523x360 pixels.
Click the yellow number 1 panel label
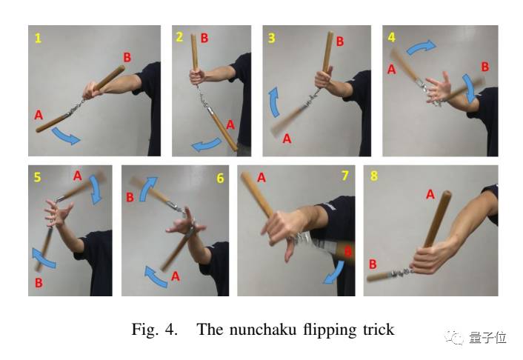pyautogui.click(x=38, y=39)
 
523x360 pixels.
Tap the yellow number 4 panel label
pyautogui.click(x=391, y=37)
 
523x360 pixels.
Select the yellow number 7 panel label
pyautogui.click(x=345, y=176)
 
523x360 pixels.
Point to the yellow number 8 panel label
pyautogui.click(x=374, y=176)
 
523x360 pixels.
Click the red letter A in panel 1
pyautogui.click(x=39, y=115)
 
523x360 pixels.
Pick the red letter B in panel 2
pyautogui.click(x=204, y=38)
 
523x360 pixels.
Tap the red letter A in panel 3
pyautogui.click(x=287, y=138)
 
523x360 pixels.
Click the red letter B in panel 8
pyautogui.click(x=373, y=264)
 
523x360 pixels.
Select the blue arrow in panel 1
pyautogui.click(x=66, y=137)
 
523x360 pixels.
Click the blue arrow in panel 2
pyautogui.click(x=206, y=145)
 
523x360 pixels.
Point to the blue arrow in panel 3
pyautogui.click(x=274, y=102)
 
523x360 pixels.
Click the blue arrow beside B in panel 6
pyautogui.click(x=147, y=189)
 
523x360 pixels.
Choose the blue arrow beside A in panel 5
pyautogui.click(x=96, y=190)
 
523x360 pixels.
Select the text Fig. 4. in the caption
pyautogui.click(x=154, y=330)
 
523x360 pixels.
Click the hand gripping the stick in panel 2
pyautogui.click(x=197, y=77)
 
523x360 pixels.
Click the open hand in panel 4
pyautogui.click(x=439, y=89)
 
